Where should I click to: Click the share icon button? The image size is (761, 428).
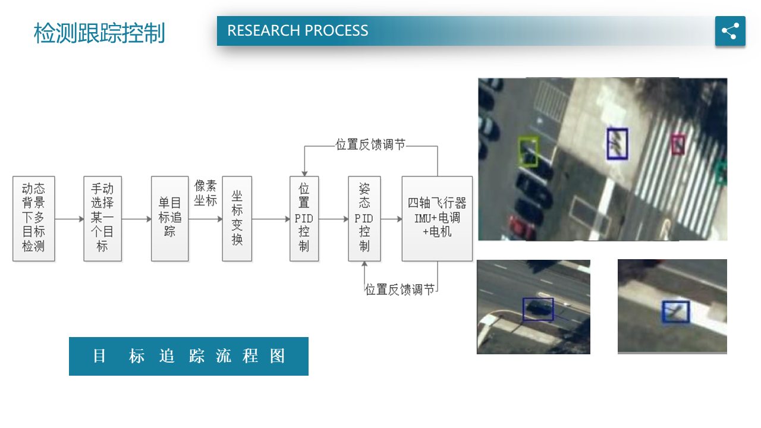tap(730, 31)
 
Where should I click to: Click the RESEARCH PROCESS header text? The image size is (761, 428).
tap(297, 31)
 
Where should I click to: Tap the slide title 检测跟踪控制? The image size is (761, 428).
tap(99, 33)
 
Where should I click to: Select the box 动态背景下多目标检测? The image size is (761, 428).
tap(34, 218)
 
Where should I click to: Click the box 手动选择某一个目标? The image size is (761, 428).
tap(102, 218)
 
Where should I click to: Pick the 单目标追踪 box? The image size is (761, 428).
tap(169, 218)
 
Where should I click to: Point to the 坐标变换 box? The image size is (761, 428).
tap(237, 218)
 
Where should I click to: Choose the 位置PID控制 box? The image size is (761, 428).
tap(304, 218)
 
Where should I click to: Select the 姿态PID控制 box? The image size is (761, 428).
tap(364, 218)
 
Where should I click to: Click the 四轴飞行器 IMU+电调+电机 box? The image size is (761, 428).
tap(437, 218)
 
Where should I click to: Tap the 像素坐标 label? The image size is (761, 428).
tap(206, 193)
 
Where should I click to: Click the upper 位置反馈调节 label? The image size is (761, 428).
tap(370, 144)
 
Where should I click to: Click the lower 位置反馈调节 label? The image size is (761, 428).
tap(400, 289)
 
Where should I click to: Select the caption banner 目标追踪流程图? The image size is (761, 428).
tap(188, 356)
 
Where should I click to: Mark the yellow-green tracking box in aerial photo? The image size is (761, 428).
tap(527, 151)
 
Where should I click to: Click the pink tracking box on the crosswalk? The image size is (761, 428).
tap(678, 144)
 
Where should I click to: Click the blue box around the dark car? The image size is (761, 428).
tap(538, 309)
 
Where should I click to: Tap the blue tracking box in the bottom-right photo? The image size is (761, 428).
tap(676, 312)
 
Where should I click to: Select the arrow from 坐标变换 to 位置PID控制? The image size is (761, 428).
tap(271, 219)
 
